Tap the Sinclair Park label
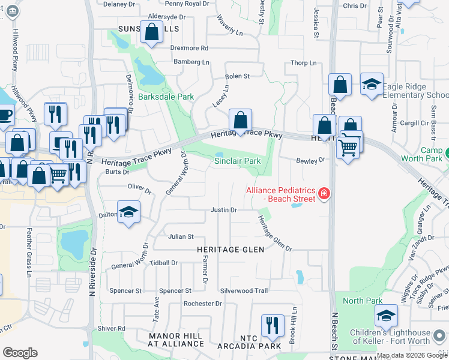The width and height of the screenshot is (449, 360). tap(238, 161)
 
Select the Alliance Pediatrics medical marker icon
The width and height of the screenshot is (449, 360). tap(324, 193)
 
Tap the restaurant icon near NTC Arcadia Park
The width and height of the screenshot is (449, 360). tap(272, 325)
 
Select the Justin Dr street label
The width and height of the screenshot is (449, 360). tap(224, 210)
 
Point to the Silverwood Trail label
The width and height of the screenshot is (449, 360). tap(244, 290)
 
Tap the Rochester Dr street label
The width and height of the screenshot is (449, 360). tap(203, 304)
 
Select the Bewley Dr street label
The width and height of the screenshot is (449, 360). tap(310, 160)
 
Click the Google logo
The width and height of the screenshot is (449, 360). tap(20, 353)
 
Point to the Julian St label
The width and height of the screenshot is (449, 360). tap(181, 237)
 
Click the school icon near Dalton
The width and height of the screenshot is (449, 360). tap(128, 213)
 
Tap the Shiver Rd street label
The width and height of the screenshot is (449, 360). tap(112, 328)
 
